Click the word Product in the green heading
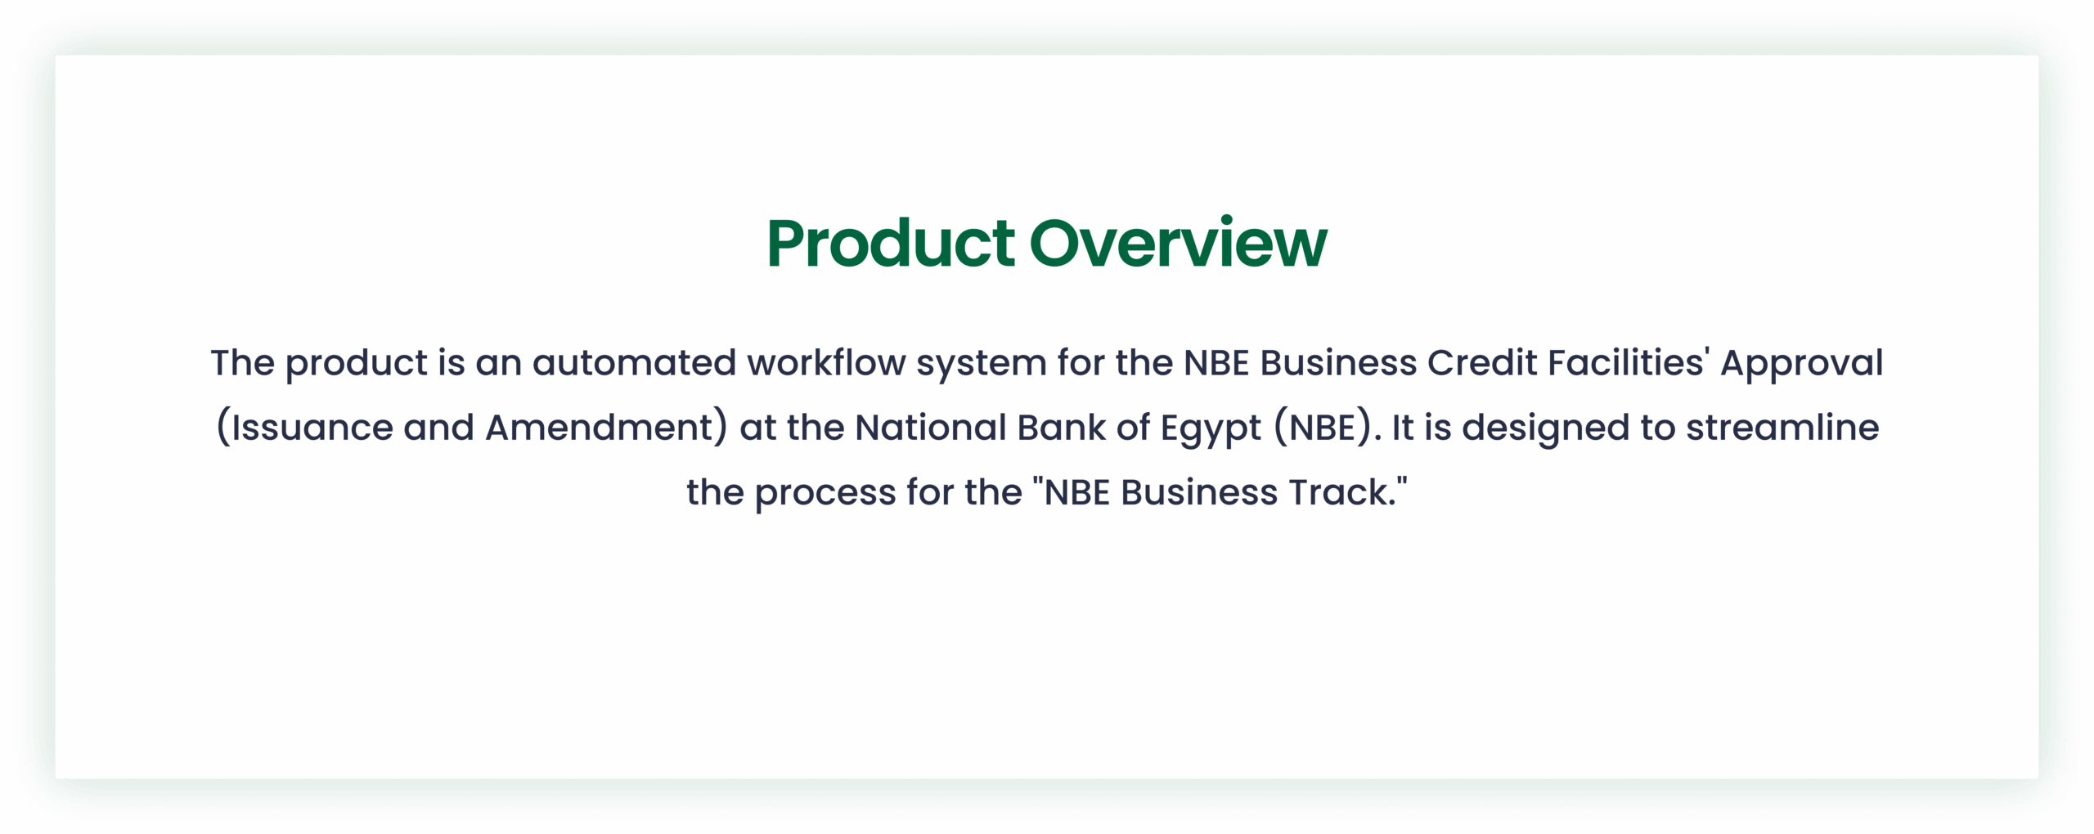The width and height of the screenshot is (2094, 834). pos(891,243)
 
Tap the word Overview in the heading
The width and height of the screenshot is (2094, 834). pos(1179,243)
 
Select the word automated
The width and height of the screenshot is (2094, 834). pos(635,363)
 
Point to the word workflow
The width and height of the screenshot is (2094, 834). pos(826,363)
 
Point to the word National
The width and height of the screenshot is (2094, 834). pos(930,428)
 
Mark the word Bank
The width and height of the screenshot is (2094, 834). pos(1062,428)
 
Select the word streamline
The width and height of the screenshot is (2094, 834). pos(1782,428)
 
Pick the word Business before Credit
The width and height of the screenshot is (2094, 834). pos(1338,362)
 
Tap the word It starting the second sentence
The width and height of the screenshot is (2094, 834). pos(1403,428)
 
